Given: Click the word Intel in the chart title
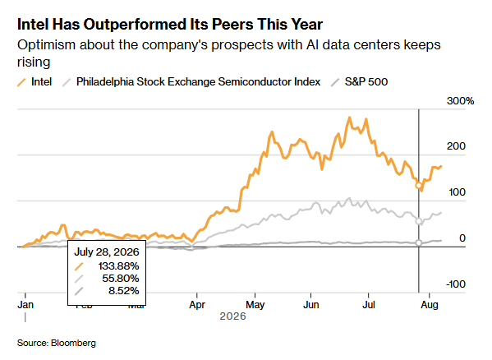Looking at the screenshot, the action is [33, 25].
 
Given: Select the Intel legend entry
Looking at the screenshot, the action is [34, 82].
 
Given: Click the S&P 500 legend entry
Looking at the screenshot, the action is [360, 82].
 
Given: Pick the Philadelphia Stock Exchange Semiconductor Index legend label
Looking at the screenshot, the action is [198, 82].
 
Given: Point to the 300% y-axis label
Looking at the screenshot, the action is [460, 101].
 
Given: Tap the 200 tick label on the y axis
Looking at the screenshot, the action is [456, 146].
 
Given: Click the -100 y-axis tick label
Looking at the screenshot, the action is [456, 284].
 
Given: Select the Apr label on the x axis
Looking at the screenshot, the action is [197, 305].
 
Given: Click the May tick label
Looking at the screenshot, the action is [255, 305].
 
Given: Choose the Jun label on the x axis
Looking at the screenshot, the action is [311, 305].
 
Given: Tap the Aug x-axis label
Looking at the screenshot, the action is [430, 305].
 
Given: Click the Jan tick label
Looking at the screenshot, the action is [25, 305].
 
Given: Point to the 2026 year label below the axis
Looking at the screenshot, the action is [232, 316].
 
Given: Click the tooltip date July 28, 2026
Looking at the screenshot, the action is [107, 252].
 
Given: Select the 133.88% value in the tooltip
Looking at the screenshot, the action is [118, 266].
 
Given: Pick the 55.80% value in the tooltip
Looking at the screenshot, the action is [121, 279].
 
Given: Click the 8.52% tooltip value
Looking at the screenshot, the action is [124, 291].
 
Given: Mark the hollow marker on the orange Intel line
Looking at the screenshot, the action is [418, 186].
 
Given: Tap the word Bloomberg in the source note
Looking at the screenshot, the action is [73, 343].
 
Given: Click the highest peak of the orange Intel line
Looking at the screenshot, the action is [350, 118].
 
